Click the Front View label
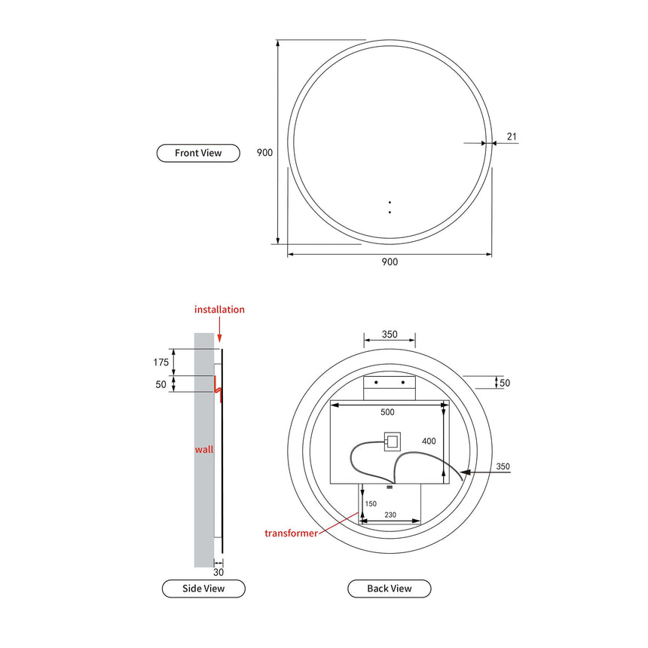[x=198, y=153]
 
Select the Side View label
[x=203, y=588]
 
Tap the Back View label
[x=389, y=588]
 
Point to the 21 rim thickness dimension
[x=512, y=136]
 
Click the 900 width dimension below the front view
[x=389, y=262]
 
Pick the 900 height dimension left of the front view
[x=264, y=152]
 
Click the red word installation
[x=219, y=310]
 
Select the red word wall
[x=204, y=450]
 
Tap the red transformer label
[x=291, y=533]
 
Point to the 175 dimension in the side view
[x=161, y=362]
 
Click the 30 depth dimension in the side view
[x=219, y=572]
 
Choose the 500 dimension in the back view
[x=387, y=412]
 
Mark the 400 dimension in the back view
[x=428, y=441]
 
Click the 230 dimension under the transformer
[x=390, y=515]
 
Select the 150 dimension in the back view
[x=371, y=503]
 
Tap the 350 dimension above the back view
[x=390, y=335]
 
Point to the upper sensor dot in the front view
[x=390, y=202]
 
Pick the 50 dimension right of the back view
[x=505, y=383]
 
